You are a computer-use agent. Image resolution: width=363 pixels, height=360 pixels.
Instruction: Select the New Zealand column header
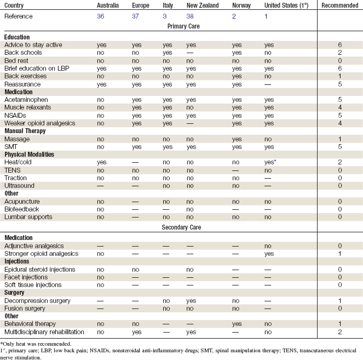[x=202, y=5]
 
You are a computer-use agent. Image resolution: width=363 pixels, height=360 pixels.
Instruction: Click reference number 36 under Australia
[x=101, y=16]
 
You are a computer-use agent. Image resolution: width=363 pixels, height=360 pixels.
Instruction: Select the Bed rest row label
[x=17, y=60]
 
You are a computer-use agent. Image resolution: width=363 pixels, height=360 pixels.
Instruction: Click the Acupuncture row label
[x=22, y=202]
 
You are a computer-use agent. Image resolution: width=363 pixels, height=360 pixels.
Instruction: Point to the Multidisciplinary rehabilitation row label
[x=44, y=332]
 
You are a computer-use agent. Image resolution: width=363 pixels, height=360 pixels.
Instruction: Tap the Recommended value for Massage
[x=339, y=140]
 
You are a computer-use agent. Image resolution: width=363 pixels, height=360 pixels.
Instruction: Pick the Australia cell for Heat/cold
[x=101, y=163]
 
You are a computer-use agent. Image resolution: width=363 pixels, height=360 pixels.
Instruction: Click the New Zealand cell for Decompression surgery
[x=191, y=301]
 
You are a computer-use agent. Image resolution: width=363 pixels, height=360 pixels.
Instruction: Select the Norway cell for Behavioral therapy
[x=237, y=324]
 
